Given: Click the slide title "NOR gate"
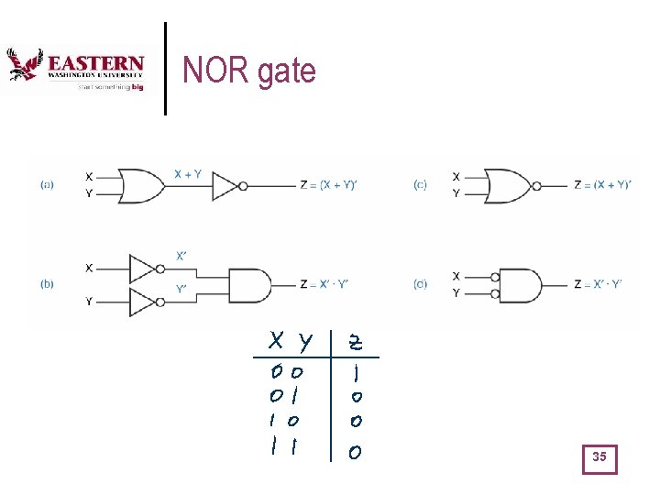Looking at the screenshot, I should [248, 71].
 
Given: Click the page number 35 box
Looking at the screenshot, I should [599, 457].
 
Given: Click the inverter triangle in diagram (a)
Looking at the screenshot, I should [226, 185].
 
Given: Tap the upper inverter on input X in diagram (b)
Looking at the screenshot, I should [144, 269].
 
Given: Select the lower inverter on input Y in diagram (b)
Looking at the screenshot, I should [144, 301].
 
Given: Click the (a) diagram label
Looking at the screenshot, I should [47, 184].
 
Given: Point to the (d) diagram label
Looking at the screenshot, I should [420, 284].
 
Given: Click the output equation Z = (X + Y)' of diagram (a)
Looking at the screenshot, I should [328, 185].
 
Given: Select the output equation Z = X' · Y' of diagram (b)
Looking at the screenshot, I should [328, 284].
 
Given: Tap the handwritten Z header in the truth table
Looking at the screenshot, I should [355, 343].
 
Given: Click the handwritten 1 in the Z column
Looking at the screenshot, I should [357, 375].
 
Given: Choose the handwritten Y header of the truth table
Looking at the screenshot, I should [304, 343].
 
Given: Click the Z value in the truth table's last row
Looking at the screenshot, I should [356, 452].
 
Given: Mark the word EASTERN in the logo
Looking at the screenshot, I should [95, 64].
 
